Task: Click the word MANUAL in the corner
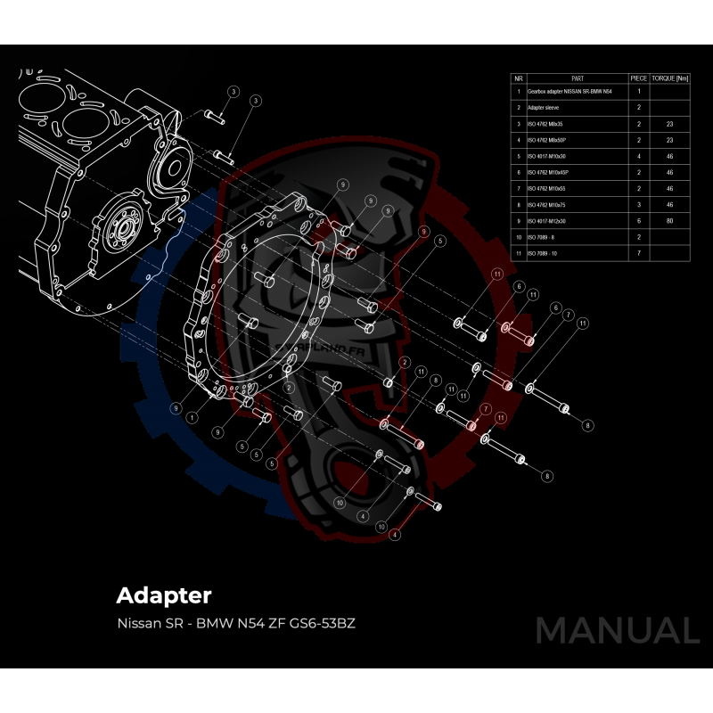(617, 630)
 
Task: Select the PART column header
(577, 78)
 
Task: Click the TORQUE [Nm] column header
(670, 78)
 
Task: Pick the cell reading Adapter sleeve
(544, 107)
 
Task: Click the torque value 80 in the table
(670, 220)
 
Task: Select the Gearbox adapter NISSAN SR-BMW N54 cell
(570, 91)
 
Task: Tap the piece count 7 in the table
(639, 254)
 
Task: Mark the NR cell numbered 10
(519, 237)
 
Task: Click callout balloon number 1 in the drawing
(192, 417)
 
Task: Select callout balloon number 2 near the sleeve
(404, 362)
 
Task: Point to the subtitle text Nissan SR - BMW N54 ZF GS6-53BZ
(236, 623)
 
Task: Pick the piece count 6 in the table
(639, 220)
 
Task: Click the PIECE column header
(639, 78)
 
